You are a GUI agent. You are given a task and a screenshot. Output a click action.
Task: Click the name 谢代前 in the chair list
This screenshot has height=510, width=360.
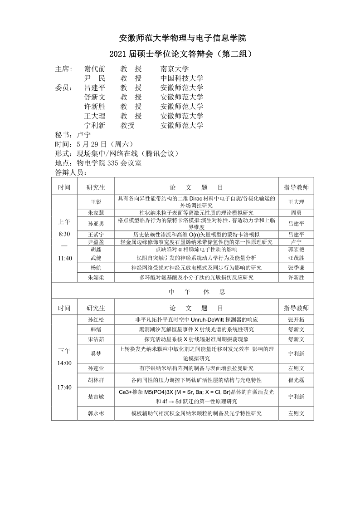(95, 69)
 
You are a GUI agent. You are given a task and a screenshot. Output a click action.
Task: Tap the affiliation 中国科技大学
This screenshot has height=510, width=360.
(181, 78)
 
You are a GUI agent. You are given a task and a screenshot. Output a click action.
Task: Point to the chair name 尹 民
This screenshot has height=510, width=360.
(95, 78)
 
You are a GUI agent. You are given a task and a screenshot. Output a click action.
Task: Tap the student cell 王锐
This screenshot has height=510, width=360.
(96, 201)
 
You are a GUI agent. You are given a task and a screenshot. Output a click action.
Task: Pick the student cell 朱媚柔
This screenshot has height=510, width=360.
(96, 277)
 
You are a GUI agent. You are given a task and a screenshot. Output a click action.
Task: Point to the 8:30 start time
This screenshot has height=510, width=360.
(64, 234)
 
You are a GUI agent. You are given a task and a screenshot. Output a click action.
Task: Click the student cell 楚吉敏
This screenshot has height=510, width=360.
(96, 397)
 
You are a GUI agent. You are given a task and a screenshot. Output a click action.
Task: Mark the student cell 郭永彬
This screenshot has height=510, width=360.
(96, 413)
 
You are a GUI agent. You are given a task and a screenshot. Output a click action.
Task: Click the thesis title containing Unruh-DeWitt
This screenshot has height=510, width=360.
(196, 319)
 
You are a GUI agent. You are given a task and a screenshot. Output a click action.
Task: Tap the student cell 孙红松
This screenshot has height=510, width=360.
(96, 319)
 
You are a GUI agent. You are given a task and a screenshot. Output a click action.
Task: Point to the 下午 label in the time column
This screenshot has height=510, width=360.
(64, 351)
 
